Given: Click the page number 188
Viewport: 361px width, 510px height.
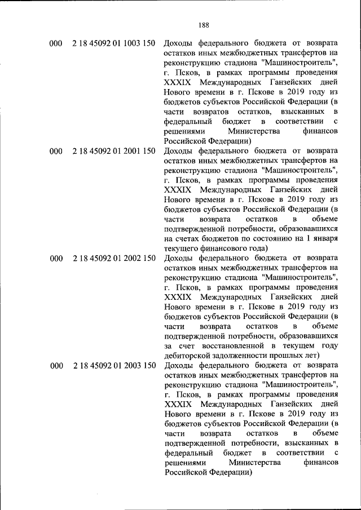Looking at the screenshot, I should pos(204,24).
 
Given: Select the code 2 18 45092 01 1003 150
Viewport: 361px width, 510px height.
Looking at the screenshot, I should pos(114,43).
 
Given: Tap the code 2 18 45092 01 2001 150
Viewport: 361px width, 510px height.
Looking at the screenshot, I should pos(114,151).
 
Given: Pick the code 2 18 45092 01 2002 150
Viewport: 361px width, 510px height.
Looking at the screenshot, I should pos(114,259).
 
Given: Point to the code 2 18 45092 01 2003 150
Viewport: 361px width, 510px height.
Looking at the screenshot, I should pos(114,366).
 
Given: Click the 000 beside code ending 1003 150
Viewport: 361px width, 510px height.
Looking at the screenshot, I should pos(55,43).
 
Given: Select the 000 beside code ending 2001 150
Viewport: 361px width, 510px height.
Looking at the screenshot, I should pos(55,151).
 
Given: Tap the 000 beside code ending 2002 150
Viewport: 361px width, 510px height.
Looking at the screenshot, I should pos(55,259).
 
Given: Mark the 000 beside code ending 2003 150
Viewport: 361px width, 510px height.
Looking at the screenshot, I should pos(55,366).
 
